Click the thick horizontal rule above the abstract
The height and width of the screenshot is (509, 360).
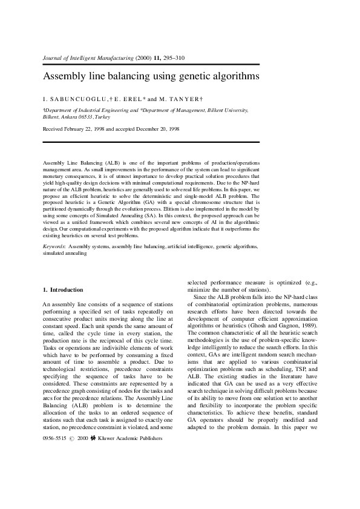coord(151,142)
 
